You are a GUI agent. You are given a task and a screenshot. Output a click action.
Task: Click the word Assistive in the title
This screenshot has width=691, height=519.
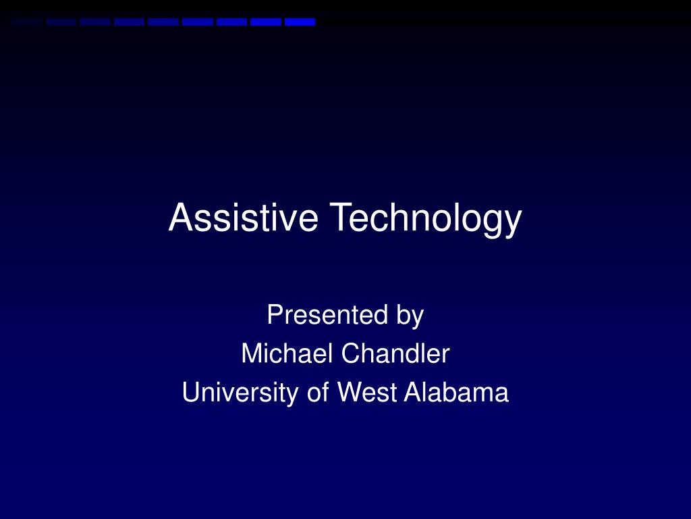[x=243, y=218]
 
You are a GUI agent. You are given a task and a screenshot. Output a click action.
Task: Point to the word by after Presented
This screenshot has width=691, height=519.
[x=410, y=316]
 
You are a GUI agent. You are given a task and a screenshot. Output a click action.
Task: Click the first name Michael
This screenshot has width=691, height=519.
[x=284, y=353]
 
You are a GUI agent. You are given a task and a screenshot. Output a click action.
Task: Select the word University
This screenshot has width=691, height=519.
[x=240, y=393]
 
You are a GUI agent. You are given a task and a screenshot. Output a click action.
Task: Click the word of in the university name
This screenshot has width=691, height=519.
[x=317, y=393]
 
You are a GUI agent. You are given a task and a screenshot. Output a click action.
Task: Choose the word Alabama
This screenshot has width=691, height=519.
[x=456, y=393]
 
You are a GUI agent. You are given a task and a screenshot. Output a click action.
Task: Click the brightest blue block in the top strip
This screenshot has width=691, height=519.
[x=300, y=22]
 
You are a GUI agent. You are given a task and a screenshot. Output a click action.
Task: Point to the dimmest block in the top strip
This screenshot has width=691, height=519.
[x=27, y=22]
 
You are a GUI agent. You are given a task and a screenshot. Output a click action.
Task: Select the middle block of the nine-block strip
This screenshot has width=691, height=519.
[x=163, y=22]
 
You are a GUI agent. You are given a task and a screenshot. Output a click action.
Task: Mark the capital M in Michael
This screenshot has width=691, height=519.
[x=250, y=353]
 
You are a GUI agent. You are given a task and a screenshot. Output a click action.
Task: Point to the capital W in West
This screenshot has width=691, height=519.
[x=348, y=393]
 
